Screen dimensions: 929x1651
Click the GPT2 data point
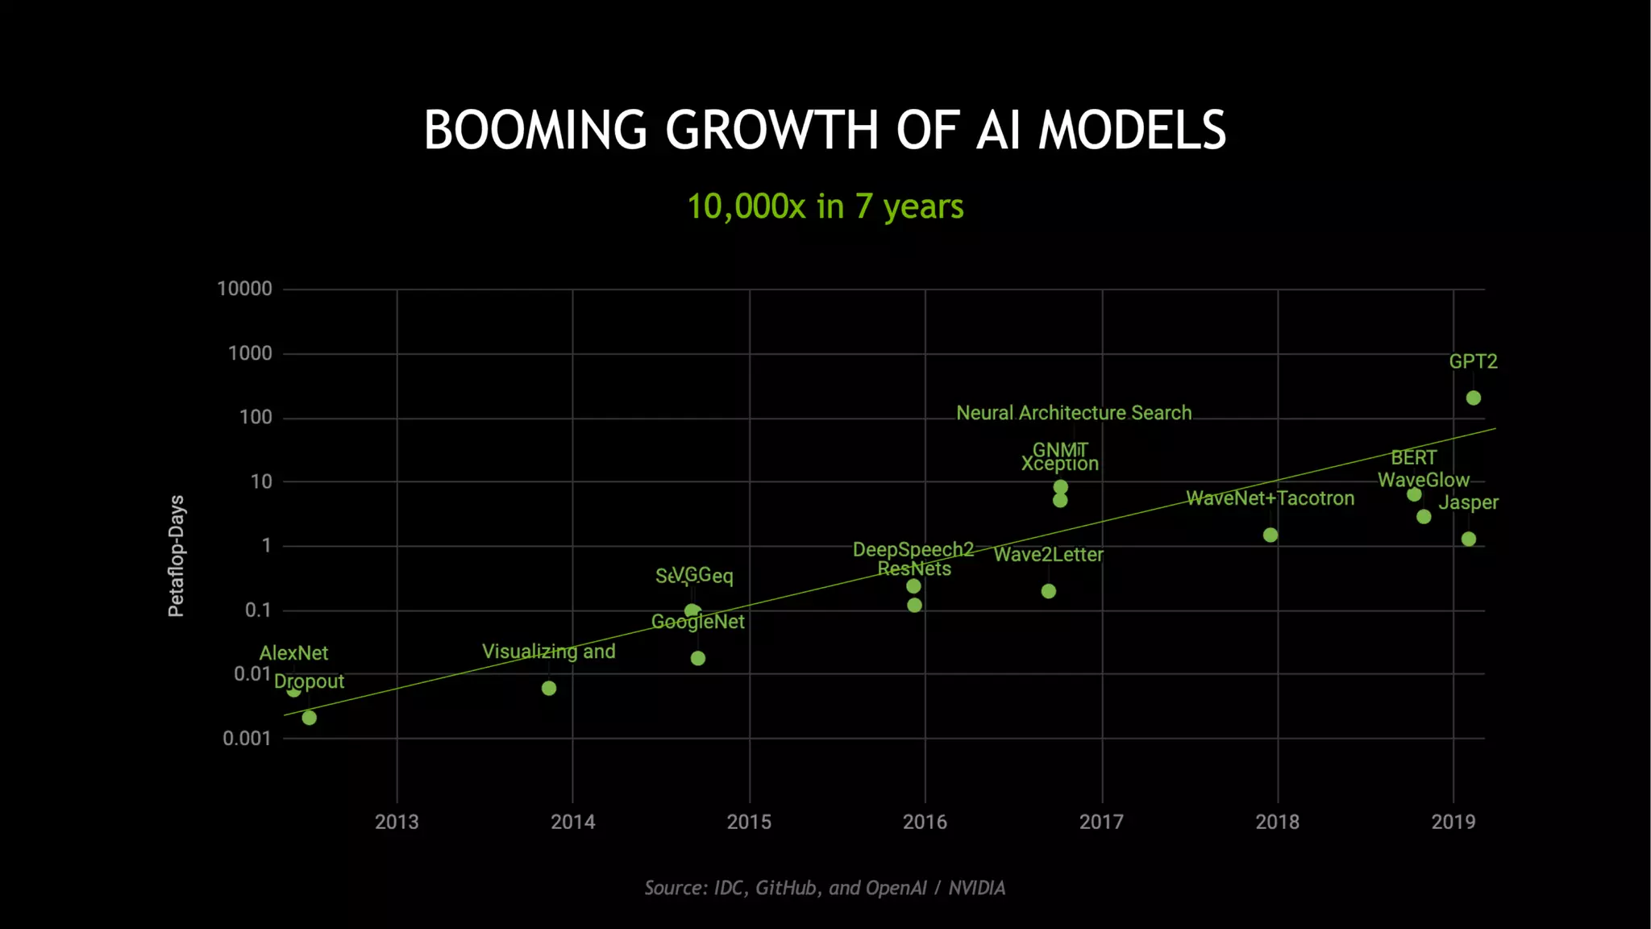coord(1473,398)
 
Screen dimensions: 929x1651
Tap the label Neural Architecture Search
coord(1073,413)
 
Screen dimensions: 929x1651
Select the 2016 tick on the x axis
coord(925,822)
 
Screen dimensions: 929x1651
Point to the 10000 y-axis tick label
coord(244,289)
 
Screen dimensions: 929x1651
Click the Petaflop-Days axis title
coord(176,556)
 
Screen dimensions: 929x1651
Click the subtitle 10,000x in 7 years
coord(825,206)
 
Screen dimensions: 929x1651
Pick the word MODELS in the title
coord(1132,131)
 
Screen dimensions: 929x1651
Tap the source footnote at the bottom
coord(825,888)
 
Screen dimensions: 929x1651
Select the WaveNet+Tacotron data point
coord(1270,535)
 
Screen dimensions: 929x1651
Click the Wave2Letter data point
coord(1048,591)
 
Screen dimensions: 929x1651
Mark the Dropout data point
coord(309,718)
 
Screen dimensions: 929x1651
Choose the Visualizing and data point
coord(548,688)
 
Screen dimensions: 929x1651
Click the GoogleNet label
coord(697,622)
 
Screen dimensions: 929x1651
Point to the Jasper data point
coord(1468,539)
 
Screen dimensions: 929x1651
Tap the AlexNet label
coord(293,653)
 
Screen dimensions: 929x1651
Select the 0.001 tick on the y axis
coord(247,739)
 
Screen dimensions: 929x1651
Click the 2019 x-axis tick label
coord(1453,822)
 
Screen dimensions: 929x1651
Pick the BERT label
coord(1413,458)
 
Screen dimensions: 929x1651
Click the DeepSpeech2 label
coord(913,550)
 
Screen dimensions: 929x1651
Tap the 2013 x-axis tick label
coord(397,822)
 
